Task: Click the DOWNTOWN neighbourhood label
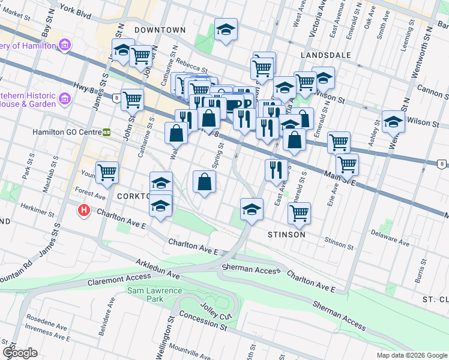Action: (x=160, y=29)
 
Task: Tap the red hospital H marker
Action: (x=85, y=211)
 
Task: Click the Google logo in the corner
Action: (x=20, y=353)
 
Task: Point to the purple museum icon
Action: (x=65, y=46)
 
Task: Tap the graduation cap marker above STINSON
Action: (x=252, y=209)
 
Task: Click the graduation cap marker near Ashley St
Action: (x=393, y=122)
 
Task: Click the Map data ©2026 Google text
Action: (x=412, y=355)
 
